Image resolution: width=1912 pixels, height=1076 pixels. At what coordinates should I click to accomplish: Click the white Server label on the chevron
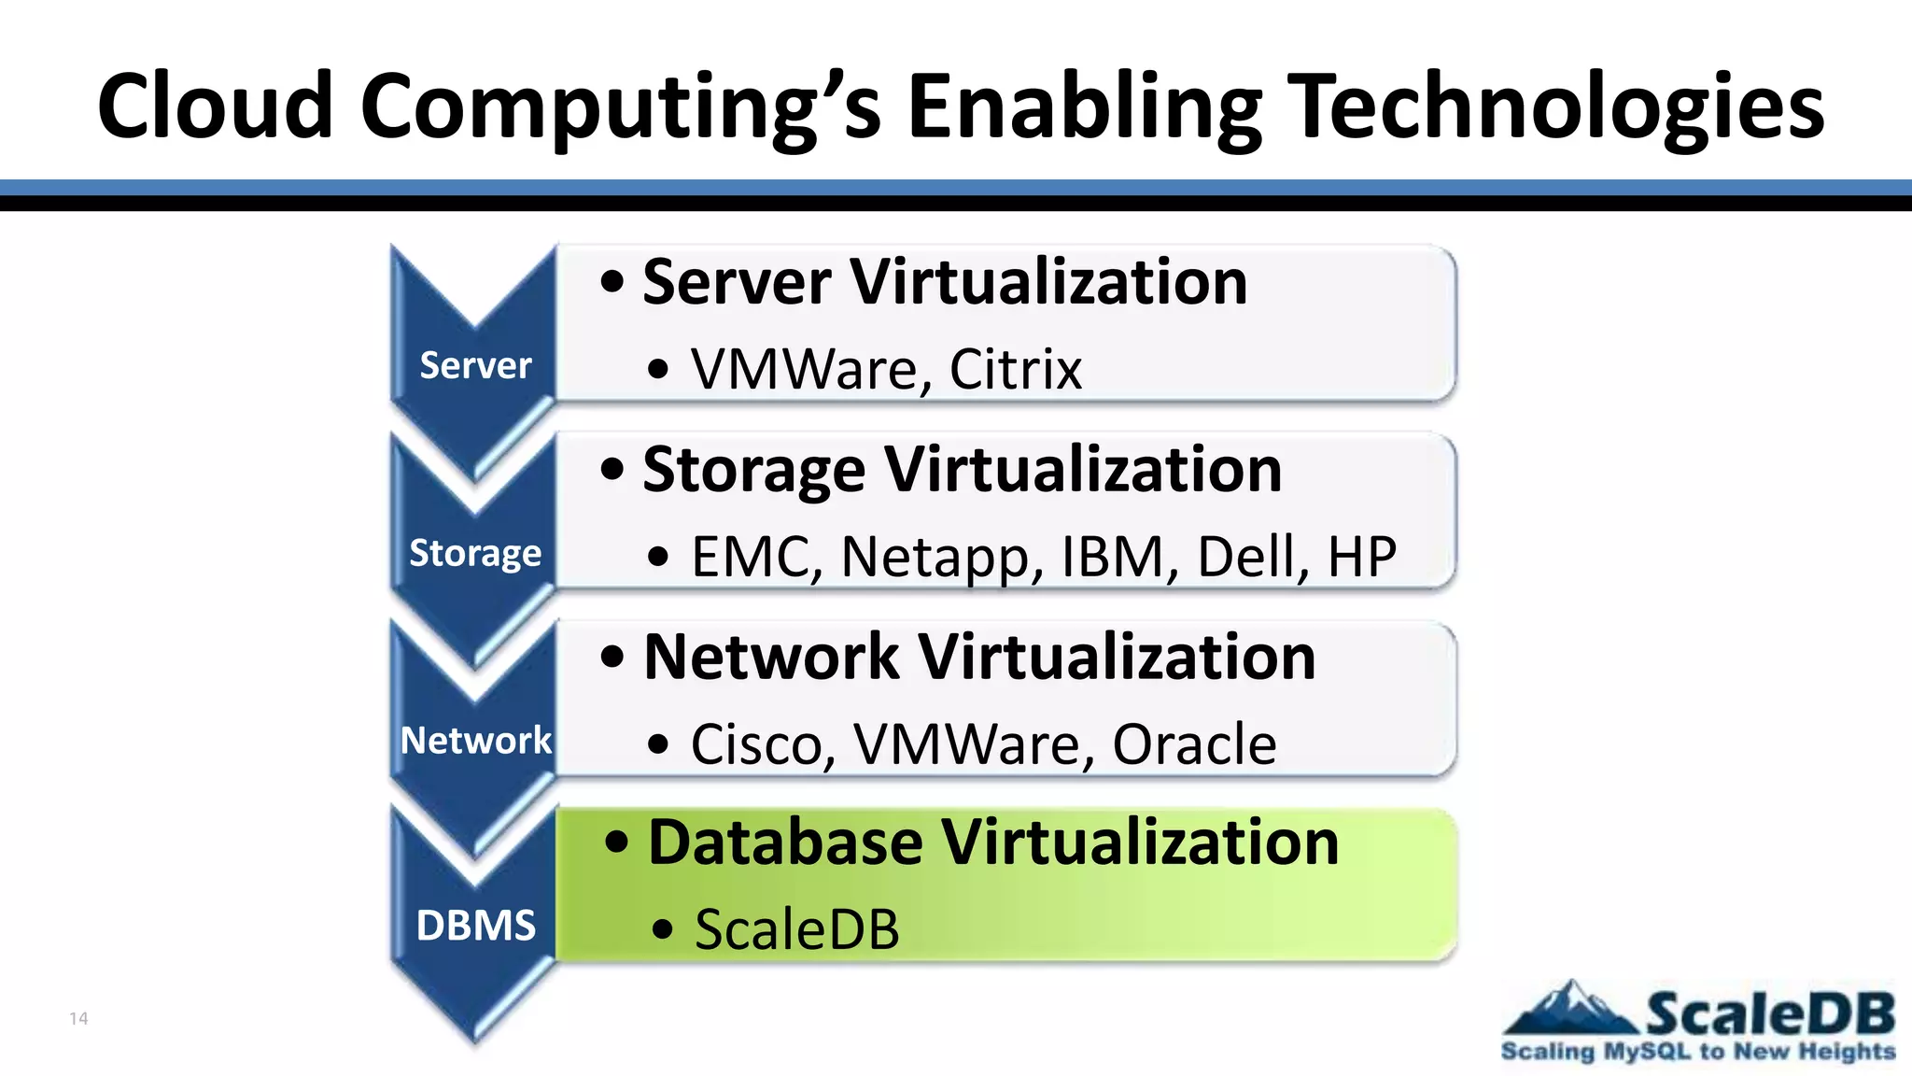coord(475,365)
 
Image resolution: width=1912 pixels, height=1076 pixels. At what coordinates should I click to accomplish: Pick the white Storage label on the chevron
coord(475,553)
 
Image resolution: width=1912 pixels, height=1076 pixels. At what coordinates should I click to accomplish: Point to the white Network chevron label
coord(475,740)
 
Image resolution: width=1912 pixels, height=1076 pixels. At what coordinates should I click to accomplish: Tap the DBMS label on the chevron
coord(475,926)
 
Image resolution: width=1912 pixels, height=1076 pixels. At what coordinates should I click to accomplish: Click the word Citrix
coord(1015,369)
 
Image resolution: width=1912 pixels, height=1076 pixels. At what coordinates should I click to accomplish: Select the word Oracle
coord(1194,744)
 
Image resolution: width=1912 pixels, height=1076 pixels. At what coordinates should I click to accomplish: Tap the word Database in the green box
coord(785,842)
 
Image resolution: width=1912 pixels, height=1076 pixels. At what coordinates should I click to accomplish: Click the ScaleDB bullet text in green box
coord(796,930)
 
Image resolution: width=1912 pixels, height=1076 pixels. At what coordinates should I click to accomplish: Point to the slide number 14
coord(78,1018)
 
